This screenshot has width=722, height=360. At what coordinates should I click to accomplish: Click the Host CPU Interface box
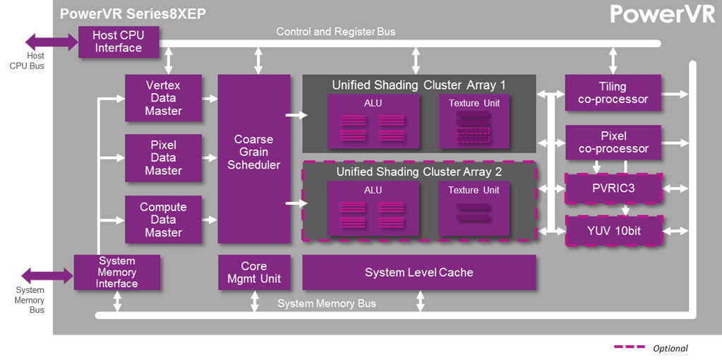(118, 42)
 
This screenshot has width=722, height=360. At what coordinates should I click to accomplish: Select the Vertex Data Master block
(163, 98)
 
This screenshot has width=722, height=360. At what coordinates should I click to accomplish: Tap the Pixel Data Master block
(163, 157)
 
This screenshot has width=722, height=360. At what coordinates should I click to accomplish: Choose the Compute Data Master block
(163, 220)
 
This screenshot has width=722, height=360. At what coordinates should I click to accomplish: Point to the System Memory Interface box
(117, 272)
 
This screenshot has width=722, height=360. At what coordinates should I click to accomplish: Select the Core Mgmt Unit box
(254, 272)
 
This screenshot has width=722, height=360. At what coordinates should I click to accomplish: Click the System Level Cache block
(419, 272)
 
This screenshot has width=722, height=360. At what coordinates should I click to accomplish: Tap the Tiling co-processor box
(613, 92)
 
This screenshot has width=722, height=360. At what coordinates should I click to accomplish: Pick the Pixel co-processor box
(613, 142)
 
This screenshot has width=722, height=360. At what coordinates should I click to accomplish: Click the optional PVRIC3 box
(613, 188)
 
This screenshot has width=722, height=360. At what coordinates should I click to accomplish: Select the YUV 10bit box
(613, 231)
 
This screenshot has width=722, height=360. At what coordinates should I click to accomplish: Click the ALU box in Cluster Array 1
(373, 121)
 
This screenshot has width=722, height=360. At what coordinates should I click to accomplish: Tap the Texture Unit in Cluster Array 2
(474, 208)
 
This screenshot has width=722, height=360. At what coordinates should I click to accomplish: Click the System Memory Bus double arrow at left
(47, 275)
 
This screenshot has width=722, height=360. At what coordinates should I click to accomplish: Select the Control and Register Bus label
(336, 32)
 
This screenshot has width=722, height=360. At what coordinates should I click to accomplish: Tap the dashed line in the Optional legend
(630, 347)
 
